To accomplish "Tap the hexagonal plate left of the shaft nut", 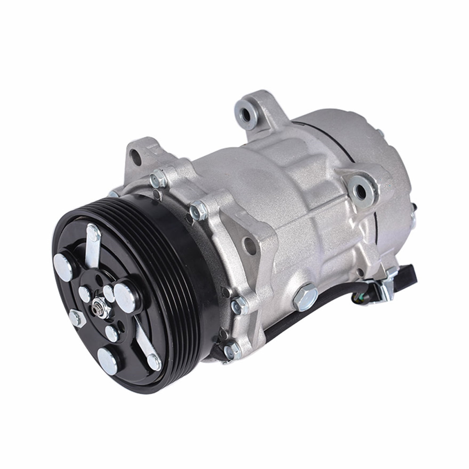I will [75, 318].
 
